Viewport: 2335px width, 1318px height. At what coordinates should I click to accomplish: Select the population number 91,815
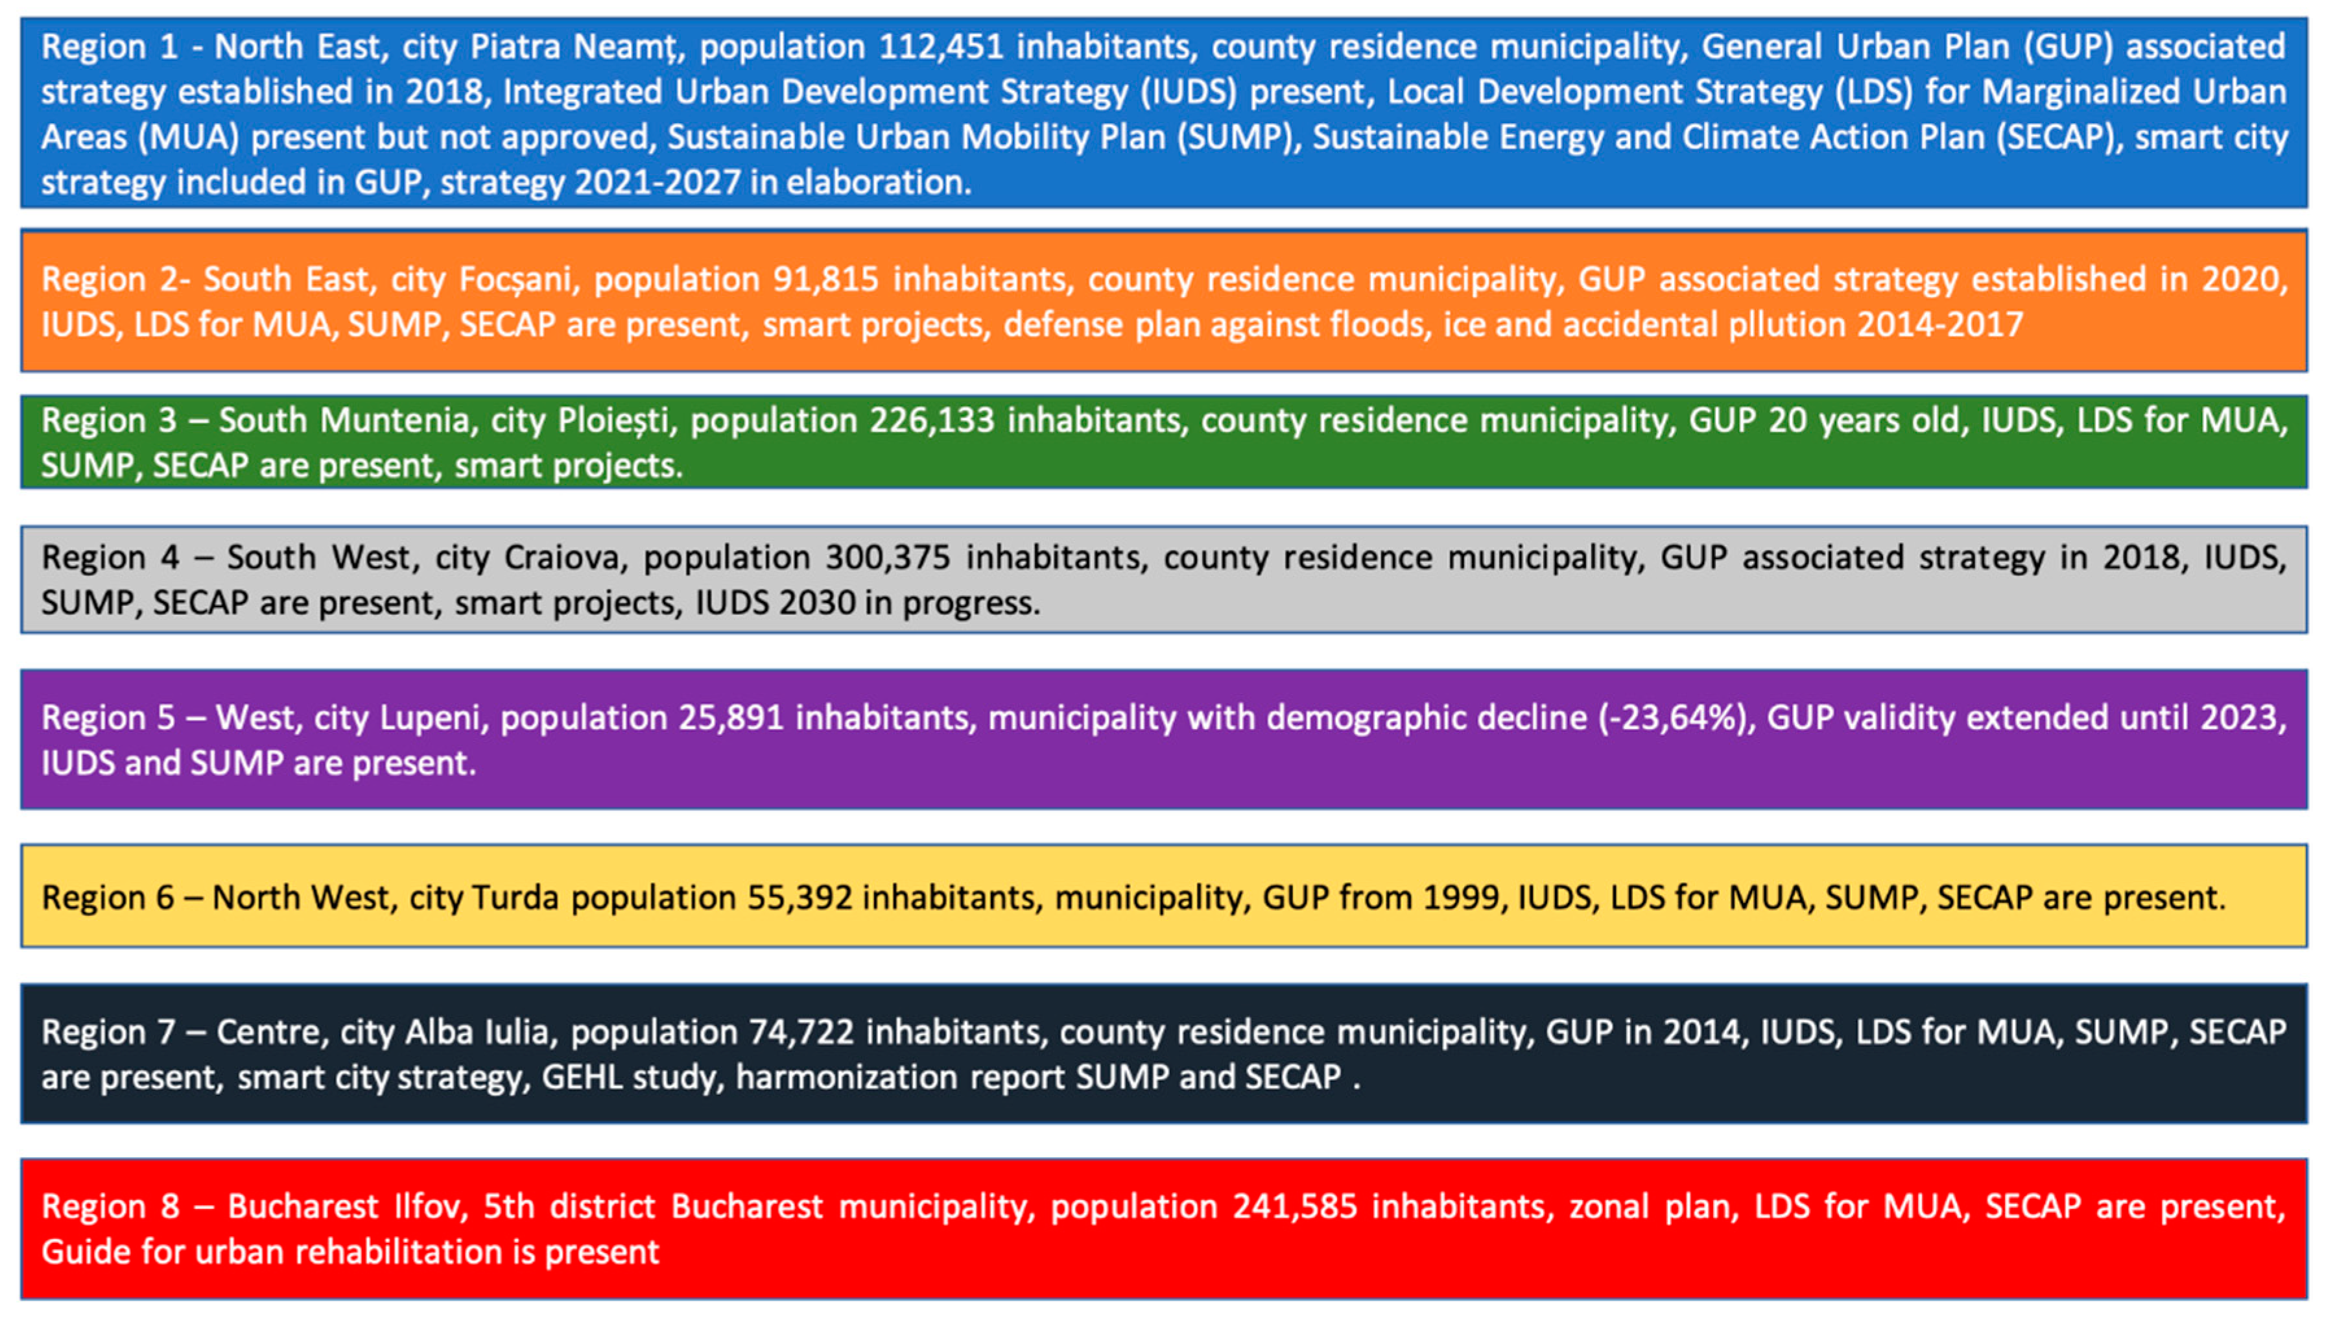[825, 279]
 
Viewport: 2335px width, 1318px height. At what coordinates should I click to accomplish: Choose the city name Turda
[515, 898]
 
